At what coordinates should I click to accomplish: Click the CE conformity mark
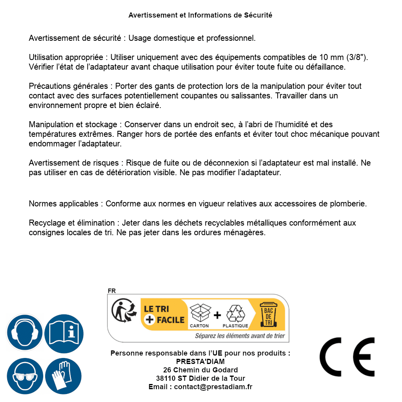(x=347, y=357)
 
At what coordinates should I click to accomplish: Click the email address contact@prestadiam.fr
(x=213, y=387)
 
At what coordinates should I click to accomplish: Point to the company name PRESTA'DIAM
(x=200, y=361)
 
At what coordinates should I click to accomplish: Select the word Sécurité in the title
(x=258, y=15)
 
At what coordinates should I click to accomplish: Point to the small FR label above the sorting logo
(x=112, y=291)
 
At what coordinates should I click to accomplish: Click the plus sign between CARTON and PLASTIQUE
(x=217, y=315)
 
